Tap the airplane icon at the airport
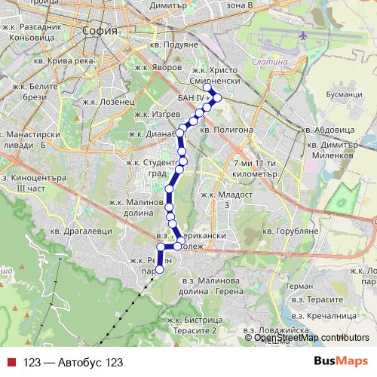304,35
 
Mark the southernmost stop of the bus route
159,270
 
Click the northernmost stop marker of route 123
208,87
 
